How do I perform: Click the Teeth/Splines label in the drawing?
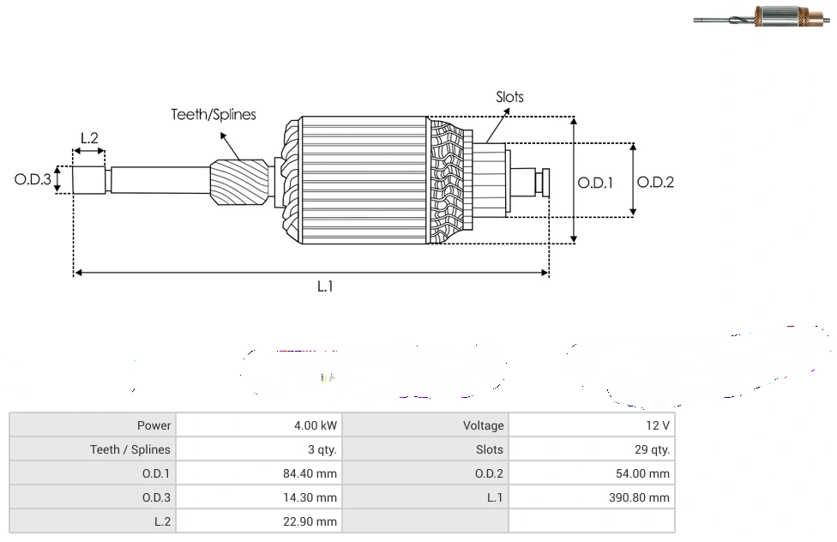214,114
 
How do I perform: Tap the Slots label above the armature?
509,97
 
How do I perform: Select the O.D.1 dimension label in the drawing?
594,182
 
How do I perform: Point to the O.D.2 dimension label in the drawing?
655,182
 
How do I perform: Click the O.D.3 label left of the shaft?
33,179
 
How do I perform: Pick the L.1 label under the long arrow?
324,286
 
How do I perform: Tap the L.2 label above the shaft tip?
89,137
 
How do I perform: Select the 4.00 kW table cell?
315,425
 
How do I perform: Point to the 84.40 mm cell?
311,473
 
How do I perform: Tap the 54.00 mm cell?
644,473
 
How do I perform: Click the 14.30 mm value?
311,497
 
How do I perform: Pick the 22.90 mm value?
311,521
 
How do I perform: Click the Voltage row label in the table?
483,425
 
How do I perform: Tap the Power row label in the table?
154,425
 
